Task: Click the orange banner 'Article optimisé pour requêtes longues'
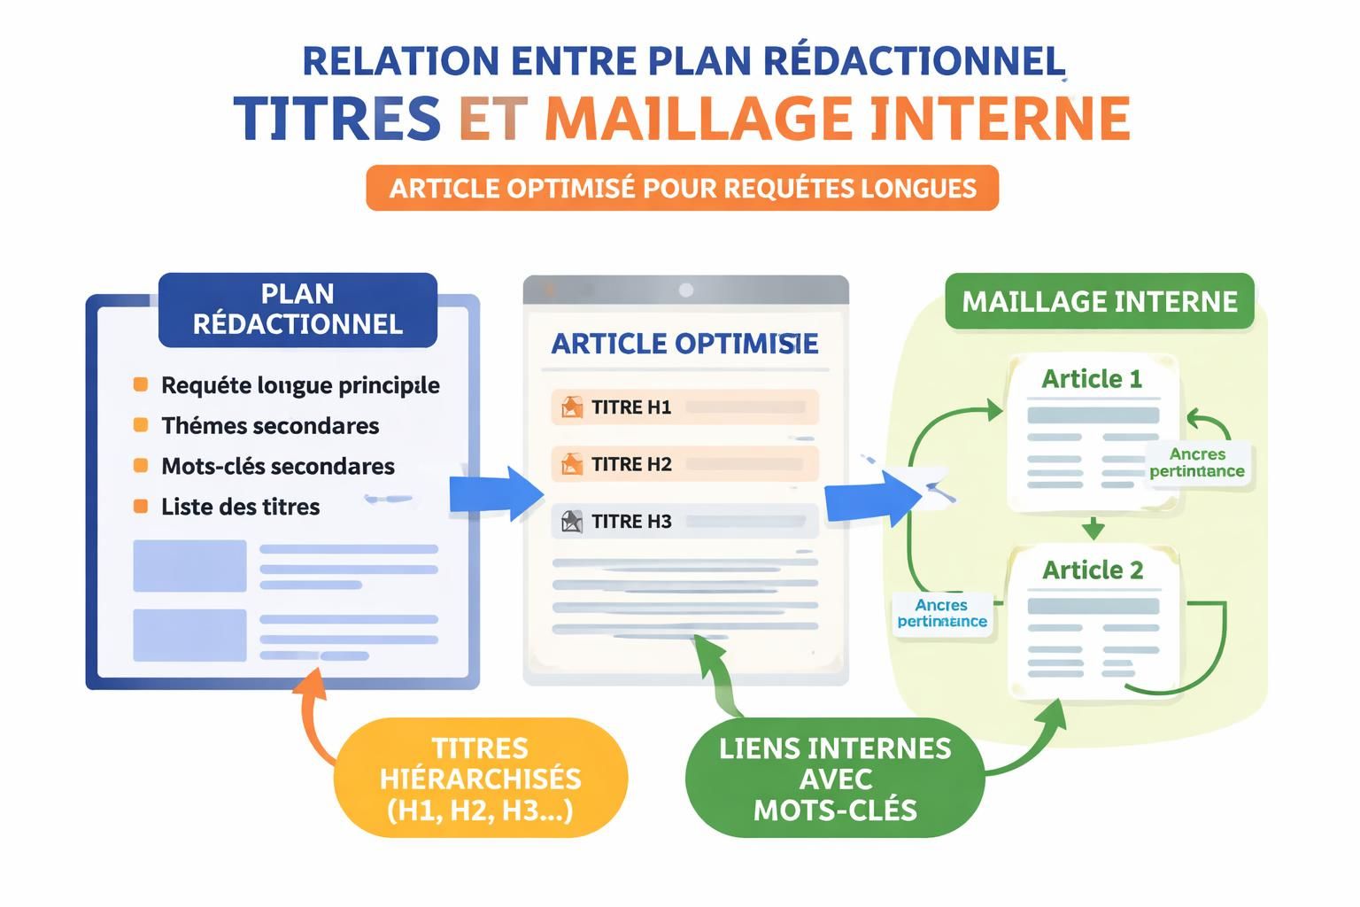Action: coord(682,188)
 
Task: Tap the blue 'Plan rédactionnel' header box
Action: coord(297,309)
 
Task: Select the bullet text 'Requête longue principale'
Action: coord(299,385)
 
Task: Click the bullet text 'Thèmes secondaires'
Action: coord(269,426)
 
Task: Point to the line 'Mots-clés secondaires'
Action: coord(277,467)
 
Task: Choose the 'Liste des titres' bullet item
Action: coord(240,508)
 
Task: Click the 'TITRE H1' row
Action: coord(684,407)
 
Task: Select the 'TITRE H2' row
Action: coord(684,464)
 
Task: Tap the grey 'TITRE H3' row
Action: coord(684,521)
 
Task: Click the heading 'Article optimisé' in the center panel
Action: coord(684,344)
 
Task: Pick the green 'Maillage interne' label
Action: coord(1099,302)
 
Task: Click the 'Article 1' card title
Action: coord(1091,379)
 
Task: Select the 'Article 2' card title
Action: coord(1092,570)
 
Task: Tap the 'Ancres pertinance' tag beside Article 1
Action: coord(1196,462)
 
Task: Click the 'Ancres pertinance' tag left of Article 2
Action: coord(941,613)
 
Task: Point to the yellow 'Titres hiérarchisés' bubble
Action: coord(480,779)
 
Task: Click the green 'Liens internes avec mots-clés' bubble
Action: coord(834,779)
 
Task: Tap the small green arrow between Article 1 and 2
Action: coord(1093,529)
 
